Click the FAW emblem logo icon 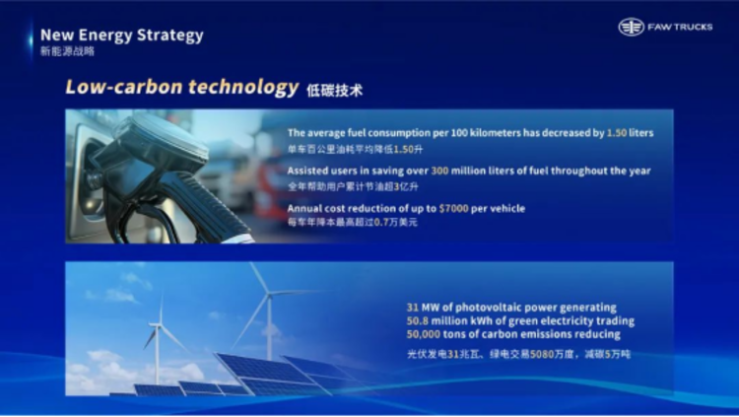point(631,27)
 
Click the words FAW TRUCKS point(680,28)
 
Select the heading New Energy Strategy point(121,35)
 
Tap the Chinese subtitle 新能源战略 point(67,51)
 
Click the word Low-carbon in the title point(124,87)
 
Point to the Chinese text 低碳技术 point(335,90)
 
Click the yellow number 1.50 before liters point(617,133)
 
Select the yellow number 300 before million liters point(439,171)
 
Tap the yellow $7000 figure point(453,209)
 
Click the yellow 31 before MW point(413,308)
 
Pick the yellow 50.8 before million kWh point(418,321)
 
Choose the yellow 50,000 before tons point(424,334)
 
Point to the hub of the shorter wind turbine point(159,325)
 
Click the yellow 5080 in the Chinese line point(542,354)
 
